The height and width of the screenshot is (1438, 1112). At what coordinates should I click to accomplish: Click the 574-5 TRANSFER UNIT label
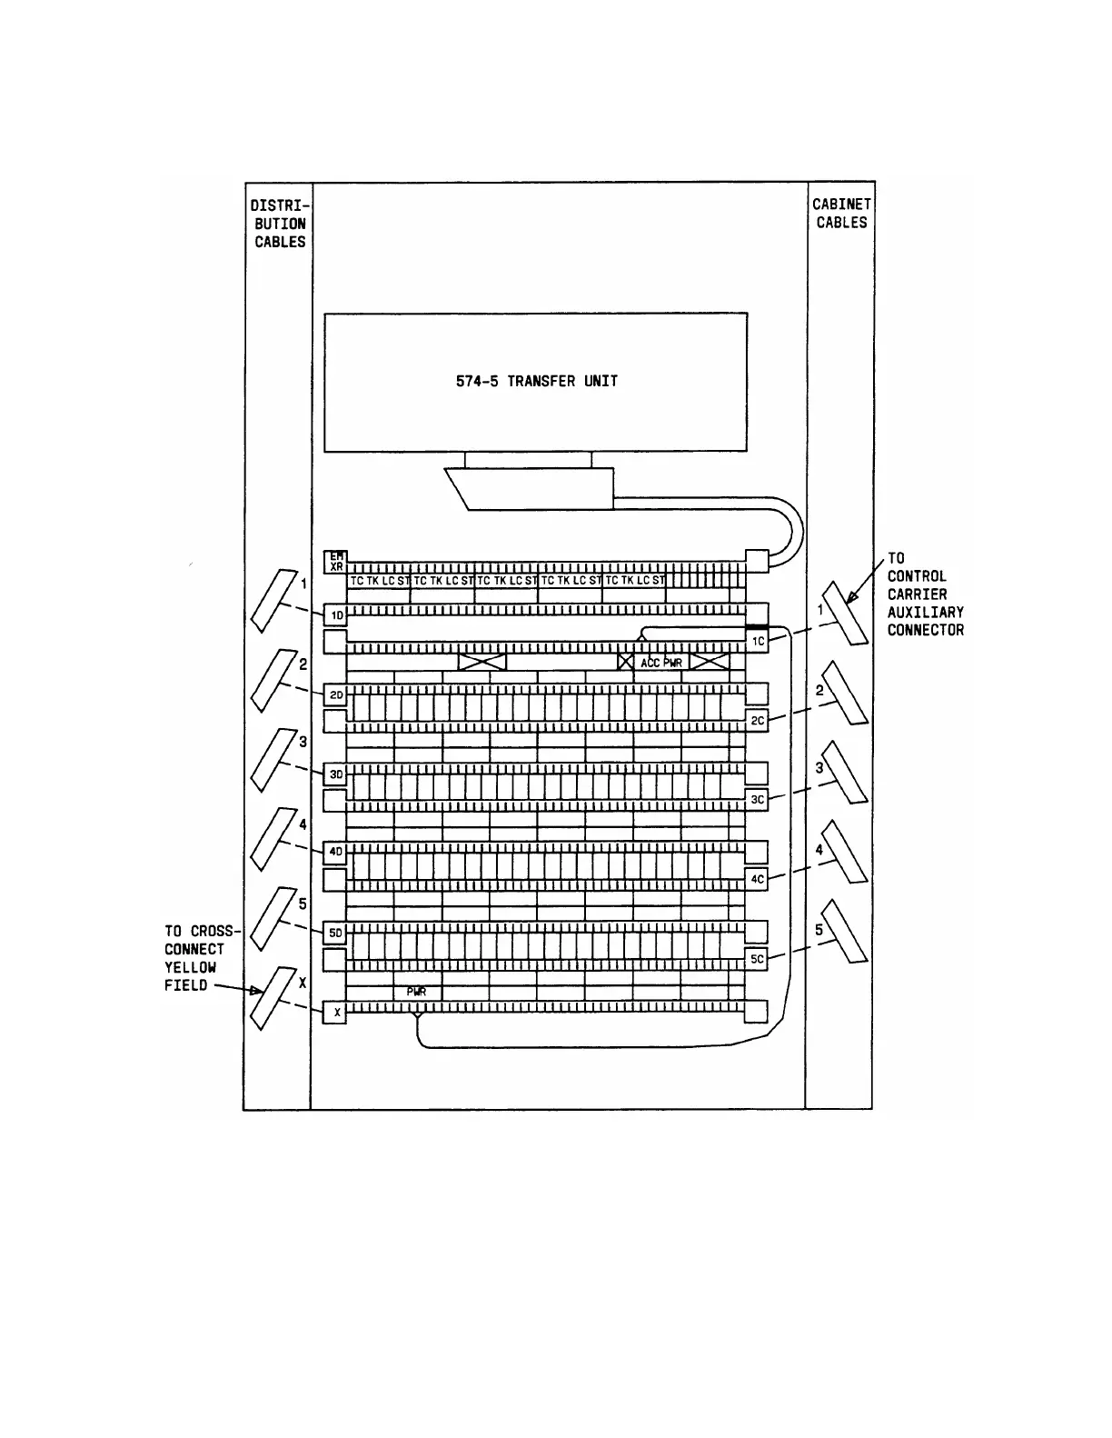pos(536,382)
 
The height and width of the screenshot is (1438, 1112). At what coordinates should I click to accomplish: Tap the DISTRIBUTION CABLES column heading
pos(280,224)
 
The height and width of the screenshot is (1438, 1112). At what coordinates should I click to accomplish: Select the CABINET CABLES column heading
pos(840,214)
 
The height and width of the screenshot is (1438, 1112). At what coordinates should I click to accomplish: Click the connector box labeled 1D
pos(336,615)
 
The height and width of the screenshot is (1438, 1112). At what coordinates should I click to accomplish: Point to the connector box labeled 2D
pos(336,695)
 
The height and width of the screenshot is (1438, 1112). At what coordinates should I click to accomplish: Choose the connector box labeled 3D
pos(336,774)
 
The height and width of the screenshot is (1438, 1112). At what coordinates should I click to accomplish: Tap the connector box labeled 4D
pos(336,853)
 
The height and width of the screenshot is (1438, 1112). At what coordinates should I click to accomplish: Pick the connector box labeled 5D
pos(336,933)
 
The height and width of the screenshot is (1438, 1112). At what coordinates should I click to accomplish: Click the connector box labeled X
pos(335,1012)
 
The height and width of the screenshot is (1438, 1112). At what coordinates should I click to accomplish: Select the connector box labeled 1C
pos(758,642)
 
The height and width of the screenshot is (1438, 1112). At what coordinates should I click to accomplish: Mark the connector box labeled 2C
pos(758,721)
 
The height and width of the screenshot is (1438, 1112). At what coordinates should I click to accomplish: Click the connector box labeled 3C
pos(758,800)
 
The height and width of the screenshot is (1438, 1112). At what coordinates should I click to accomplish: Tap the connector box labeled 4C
pos(758,879)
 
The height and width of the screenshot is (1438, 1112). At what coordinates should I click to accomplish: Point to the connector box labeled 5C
pos(758,958)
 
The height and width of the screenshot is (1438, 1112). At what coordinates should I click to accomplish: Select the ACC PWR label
pos(660,663)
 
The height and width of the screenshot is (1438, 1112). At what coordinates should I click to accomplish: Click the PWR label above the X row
pos(416,993)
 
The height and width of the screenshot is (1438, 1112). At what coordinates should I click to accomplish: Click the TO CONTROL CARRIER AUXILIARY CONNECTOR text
pos(925,594)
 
